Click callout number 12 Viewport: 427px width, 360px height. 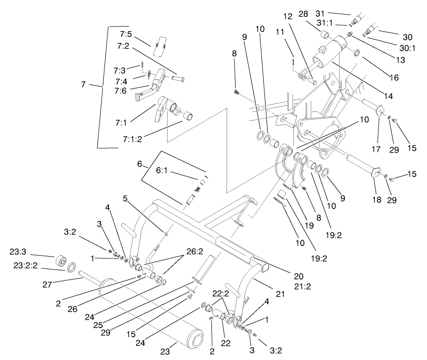pyautogui.click(x=287, y=16)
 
